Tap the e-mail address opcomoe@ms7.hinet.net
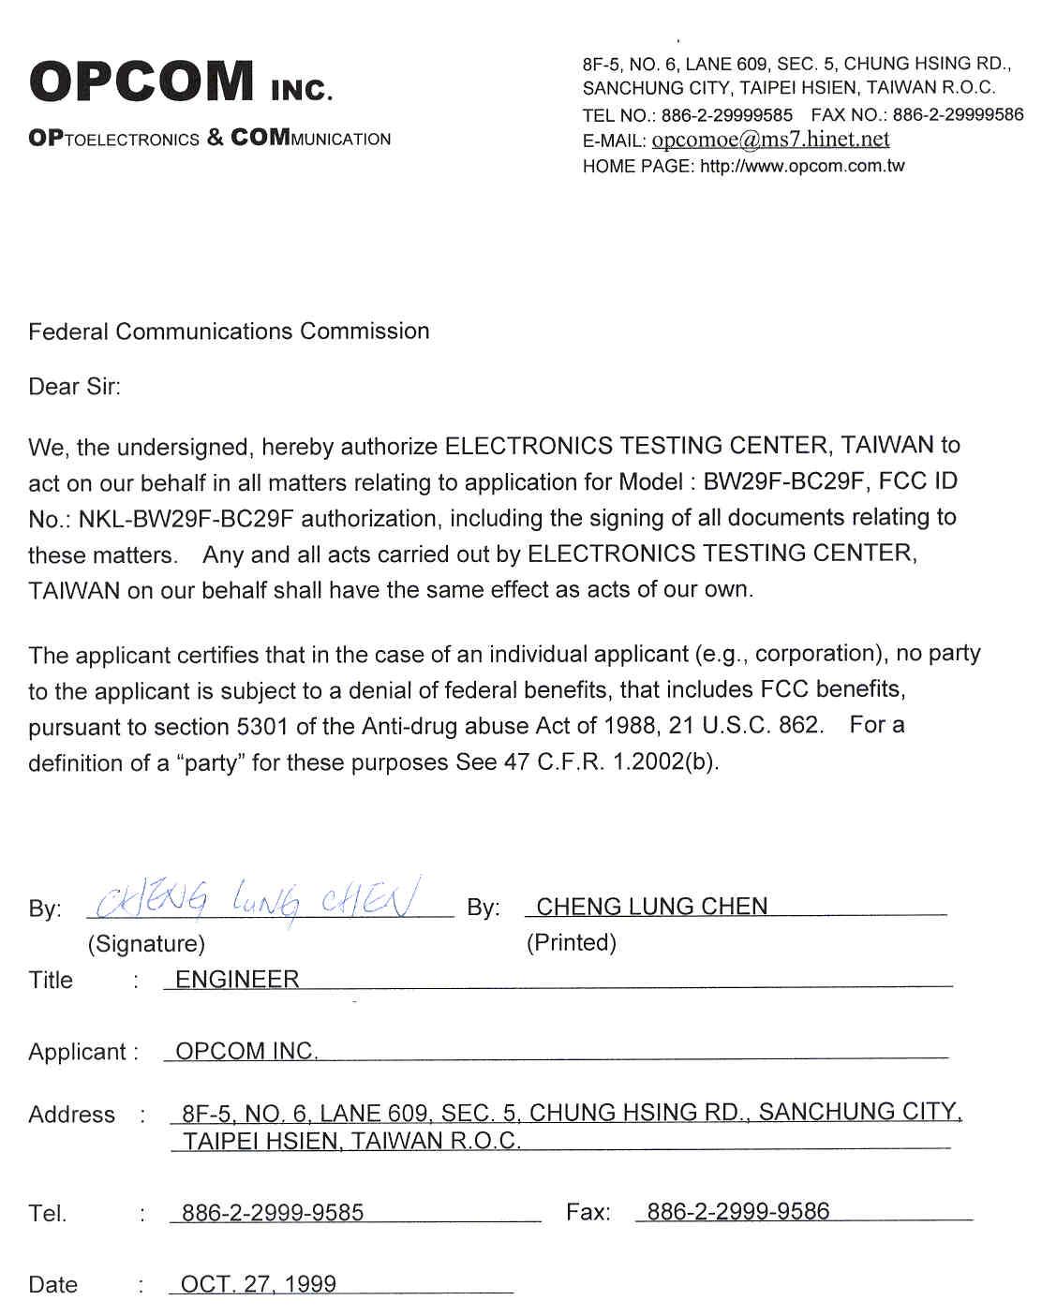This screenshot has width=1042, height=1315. [769, 140]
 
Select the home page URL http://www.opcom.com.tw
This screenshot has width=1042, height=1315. [802, 167]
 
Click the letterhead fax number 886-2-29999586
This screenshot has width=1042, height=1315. [958, 115]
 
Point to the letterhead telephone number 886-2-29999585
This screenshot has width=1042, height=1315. [726, 115]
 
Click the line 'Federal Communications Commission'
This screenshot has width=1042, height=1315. [229, 332]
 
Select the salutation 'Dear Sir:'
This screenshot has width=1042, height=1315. [74, 387]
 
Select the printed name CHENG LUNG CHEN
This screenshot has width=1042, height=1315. [651, 907]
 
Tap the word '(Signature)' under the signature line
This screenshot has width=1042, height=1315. [146, 943]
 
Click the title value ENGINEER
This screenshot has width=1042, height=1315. [237, 980]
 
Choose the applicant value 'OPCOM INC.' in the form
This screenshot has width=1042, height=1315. [246, 1051]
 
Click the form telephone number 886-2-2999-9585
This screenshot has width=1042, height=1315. [272, 1213]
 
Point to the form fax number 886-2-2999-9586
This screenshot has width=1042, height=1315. [737, 1212]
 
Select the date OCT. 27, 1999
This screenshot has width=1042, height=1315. [258, 1284]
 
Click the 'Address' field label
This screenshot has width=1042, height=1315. [71, 1115]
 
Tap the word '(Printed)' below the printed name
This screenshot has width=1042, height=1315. [571, 942]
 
